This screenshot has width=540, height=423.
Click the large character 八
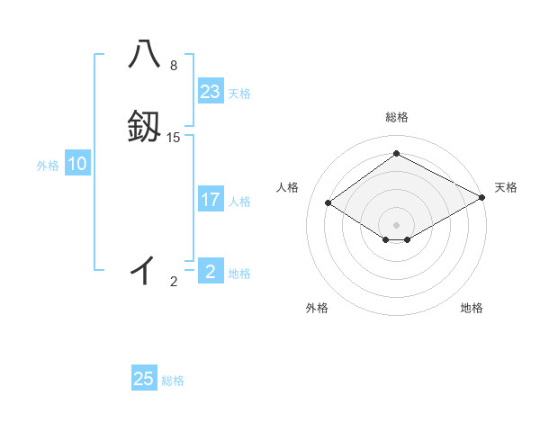point(144,54)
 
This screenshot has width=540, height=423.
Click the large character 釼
point(144,127)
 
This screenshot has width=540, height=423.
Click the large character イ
point(143,267)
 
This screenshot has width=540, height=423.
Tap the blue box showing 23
point(211,92)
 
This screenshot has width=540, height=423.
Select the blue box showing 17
point(211,200)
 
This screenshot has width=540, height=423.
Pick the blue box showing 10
point(77,164)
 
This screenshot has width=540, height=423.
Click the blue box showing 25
point(144,379)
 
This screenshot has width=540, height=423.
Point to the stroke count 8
point(174,66)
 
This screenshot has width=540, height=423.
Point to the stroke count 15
point(174,138)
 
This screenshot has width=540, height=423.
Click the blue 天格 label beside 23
point(239,94)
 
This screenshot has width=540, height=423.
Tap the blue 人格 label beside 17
point(239,202)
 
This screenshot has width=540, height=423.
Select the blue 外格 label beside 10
point(48,166)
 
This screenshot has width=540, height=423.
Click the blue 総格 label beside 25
point(173,381)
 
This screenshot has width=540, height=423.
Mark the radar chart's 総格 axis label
point(396,118)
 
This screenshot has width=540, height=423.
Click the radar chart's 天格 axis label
point(506,187)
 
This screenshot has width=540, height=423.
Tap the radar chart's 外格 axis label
point(316,308)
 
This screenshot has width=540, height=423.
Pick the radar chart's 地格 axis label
point(472,308)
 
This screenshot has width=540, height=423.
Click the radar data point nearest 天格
point(482,198)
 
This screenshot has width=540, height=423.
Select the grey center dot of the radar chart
point(396,224)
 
